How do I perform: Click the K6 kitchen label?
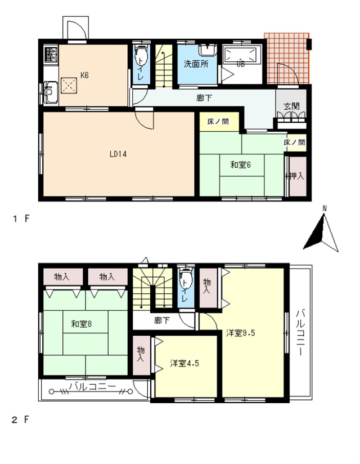84,75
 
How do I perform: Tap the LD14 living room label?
118,154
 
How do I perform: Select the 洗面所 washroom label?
196,64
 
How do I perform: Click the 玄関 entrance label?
291,106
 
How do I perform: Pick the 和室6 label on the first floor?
241,165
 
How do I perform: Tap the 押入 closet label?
296,176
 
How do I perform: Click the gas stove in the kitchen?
51,54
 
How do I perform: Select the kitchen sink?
51,92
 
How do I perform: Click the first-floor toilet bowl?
141,56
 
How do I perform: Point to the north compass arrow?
321,233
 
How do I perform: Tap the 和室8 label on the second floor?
81,324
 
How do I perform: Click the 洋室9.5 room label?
240,333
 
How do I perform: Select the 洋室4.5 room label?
184,363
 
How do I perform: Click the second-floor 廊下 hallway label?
162,320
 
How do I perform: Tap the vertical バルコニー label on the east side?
300,332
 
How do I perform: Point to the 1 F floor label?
21,218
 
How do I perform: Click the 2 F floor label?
21,420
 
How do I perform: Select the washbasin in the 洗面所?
208,50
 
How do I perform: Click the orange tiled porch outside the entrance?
287,59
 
